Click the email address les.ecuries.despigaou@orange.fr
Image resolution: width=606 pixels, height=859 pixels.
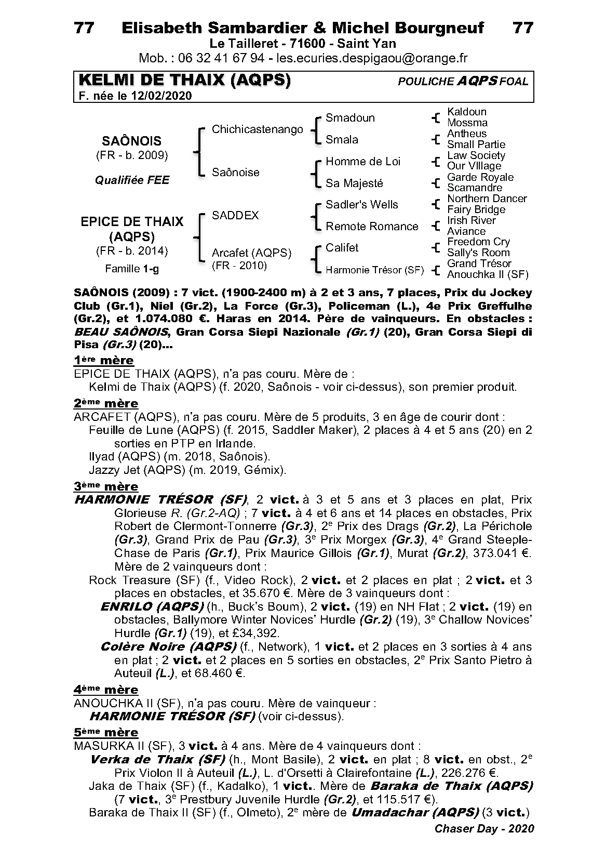coord(372,58)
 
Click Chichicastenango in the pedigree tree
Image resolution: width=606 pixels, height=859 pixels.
coord(257,129)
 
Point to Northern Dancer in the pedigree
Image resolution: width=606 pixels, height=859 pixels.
coord(487,199)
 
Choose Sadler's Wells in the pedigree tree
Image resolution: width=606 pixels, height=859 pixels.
coord(361,205)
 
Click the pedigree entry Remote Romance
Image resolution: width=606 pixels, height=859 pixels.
coord(371,227)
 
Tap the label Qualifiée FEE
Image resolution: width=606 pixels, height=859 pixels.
coord(132,180)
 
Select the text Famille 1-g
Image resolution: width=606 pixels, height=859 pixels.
coord(132,269)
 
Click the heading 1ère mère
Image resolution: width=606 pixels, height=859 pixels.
coord(104,360)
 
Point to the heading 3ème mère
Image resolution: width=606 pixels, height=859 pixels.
coord(106,486)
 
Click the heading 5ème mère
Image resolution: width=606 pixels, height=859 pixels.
coord(106,732)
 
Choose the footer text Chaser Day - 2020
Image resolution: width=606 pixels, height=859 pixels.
coord(483,828)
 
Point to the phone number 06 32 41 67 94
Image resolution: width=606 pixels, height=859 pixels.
coord(221,58)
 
